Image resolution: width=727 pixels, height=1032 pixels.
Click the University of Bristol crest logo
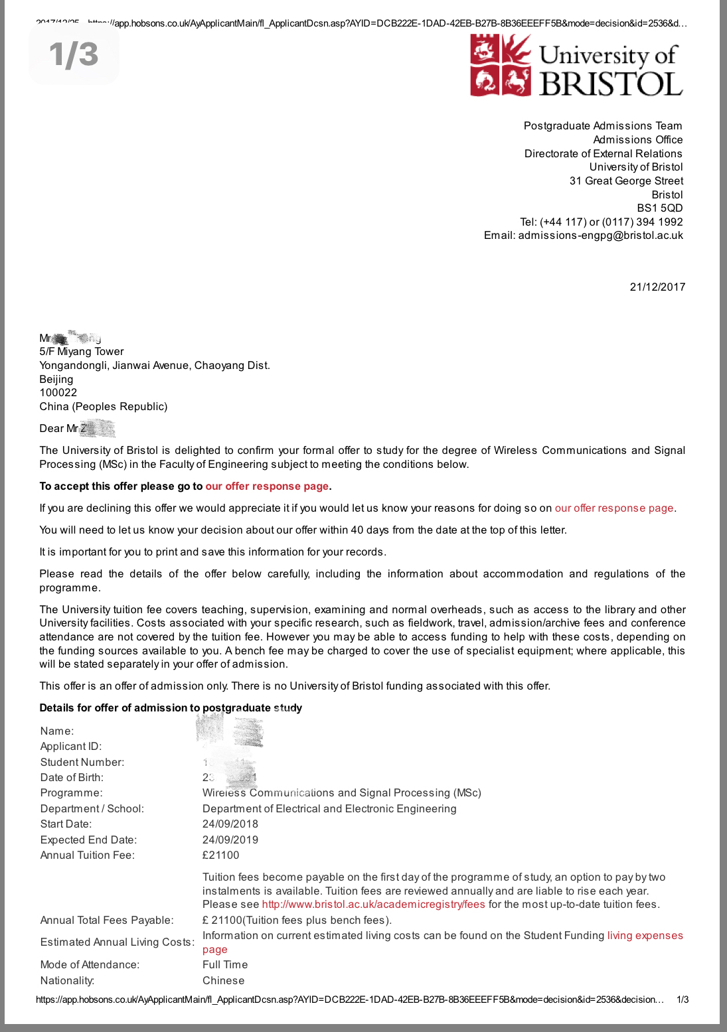[501, 65]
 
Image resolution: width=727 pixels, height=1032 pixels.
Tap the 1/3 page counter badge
[74, 54]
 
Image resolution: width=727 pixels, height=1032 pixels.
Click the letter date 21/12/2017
[657, 287]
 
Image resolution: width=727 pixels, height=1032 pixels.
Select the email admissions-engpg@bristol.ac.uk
[600, 236]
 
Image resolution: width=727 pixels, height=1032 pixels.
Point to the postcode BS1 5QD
[659, 208]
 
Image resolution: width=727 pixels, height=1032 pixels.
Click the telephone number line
[601, 222]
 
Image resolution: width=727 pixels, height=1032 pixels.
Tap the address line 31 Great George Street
[626, 181]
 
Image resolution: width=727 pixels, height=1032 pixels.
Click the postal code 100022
[58, 392]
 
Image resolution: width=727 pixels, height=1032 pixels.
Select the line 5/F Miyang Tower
[82, 351]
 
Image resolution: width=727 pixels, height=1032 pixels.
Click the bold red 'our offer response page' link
[267, 486]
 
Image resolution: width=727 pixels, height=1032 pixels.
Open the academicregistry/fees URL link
[373, 904]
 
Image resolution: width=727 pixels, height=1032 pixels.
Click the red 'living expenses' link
[645, 935]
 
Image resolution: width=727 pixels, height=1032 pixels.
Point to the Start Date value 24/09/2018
[230, 824]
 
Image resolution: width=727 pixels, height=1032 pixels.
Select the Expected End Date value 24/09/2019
[230, 840]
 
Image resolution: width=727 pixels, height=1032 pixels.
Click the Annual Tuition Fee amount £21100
[221, 855]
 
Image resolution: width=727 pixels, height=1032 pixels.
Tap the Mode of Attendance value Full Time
[225, 964]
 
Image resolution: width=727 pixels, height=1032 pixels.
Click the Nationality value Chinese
[223, 980]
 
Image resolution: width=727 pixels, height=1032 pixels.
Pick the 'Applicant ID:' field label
[71, 746]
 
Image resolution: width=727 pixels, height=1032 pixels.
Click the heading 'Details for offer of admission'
[171, 707]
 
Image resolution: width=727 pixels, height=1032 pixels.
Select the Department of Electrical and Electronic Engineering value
[329, 808]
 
